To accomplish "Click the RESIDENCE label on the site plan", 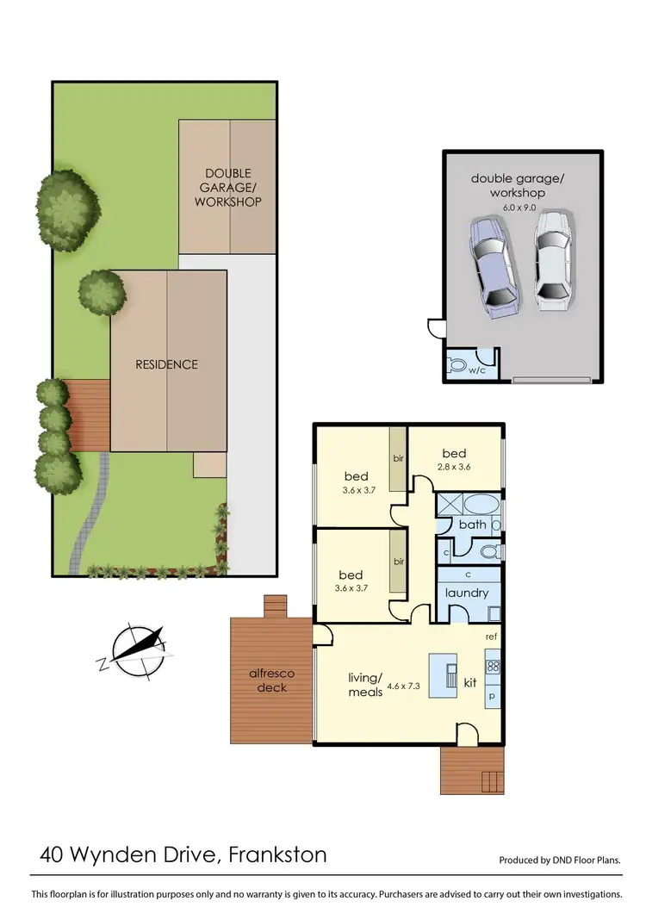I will [x=166, y=364].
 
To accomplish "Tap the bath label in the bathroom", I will [x=472, y=524].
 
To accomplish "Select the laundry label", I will [x=467, y=593].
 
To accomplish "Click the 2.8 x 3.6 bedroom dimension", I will [x=454, y=467].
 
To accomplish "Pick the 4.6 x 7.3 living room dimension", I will [x=403, y=686].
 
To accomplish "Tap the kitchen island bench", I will [x=444, y=673].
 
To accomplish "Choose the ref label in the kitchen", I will [x=491, y=637].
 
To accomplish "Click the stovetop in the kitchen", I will [x=494, y=666].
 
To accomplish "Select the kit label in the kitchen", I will [x=470, y=682].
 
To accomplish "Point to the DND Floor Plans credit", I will [x=560, y=860].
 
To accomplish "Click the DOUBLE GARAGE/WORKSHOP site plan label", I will [x=227, y=188].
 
